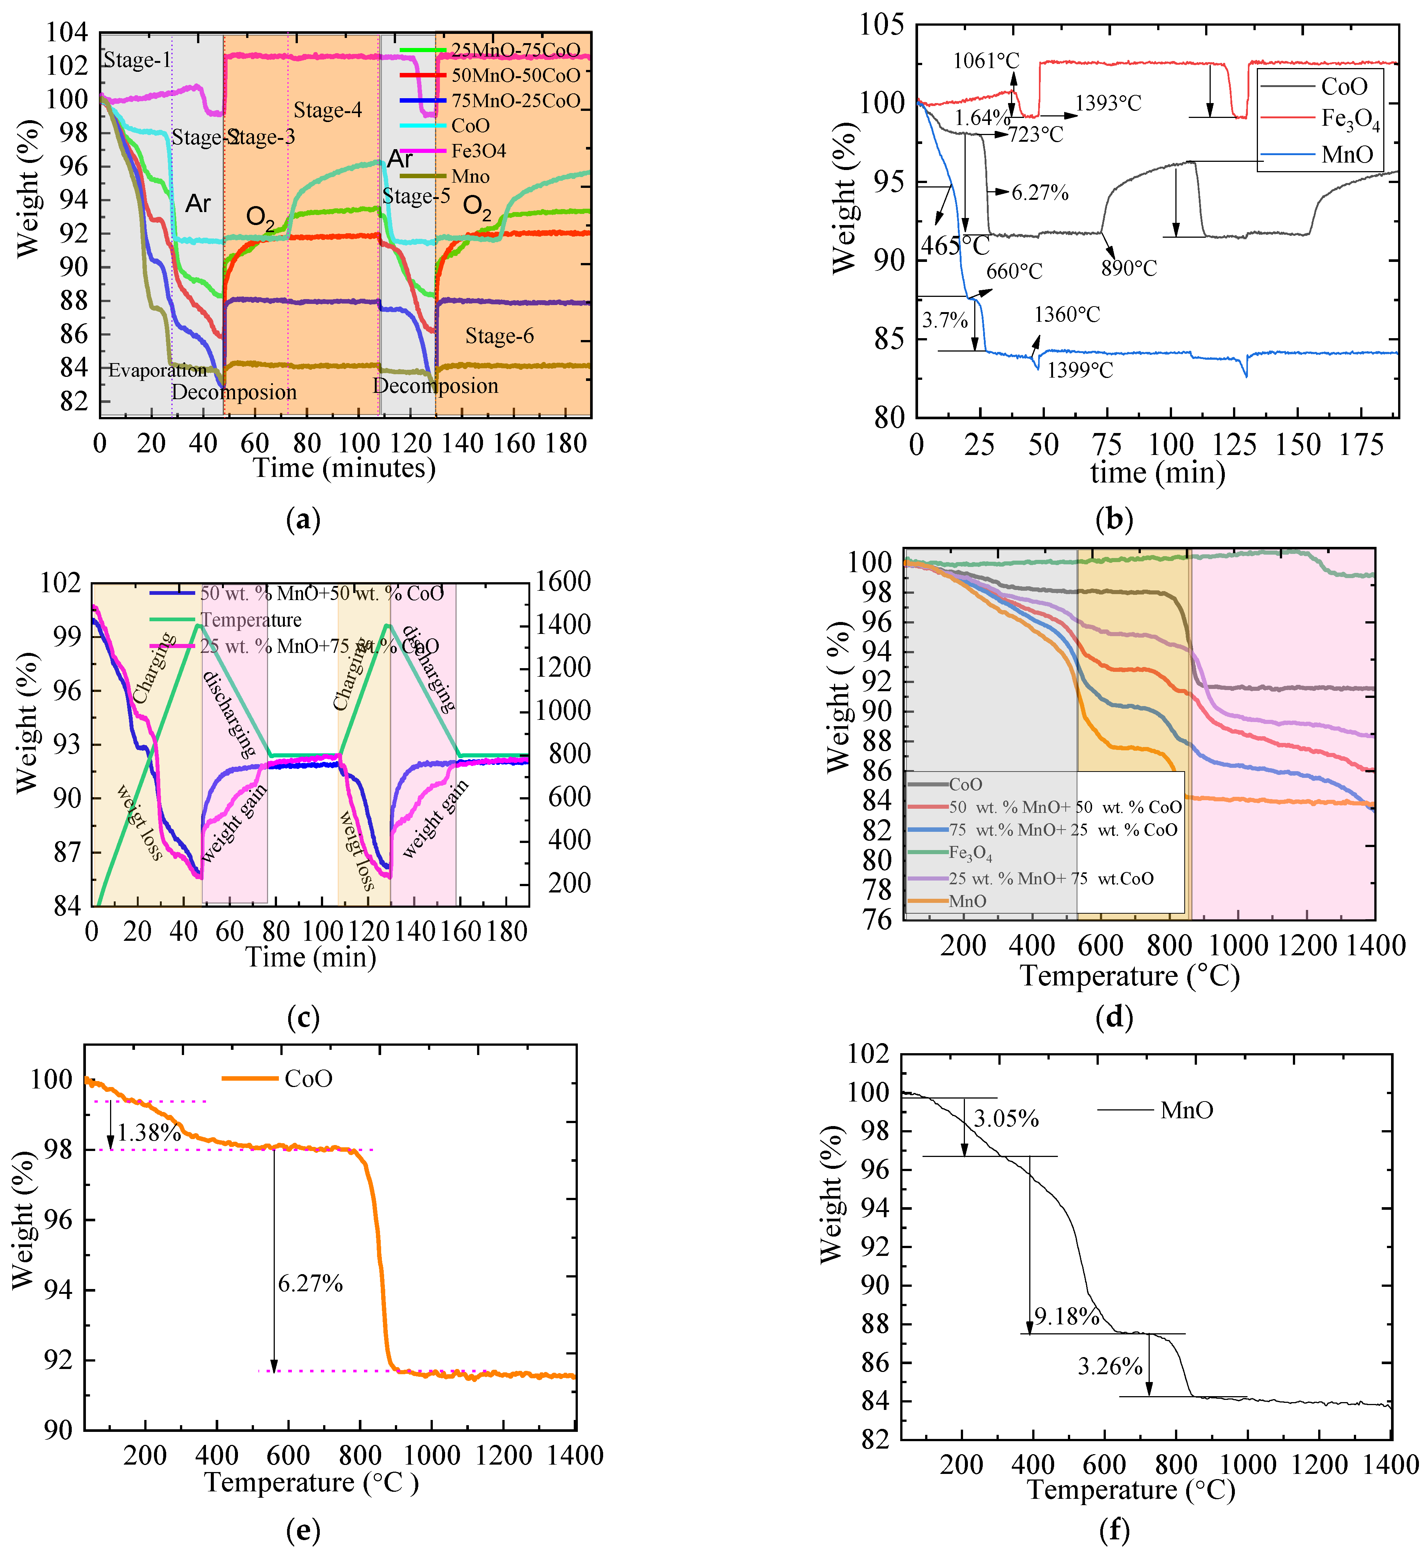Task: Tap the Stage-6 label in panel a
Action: pos(499,336)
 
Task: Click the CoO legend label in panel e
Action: pos(308,1078)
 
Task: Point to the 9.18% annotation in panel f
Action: pos(1066,1317)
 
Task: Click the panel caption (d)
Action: pos(1114,1017)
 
